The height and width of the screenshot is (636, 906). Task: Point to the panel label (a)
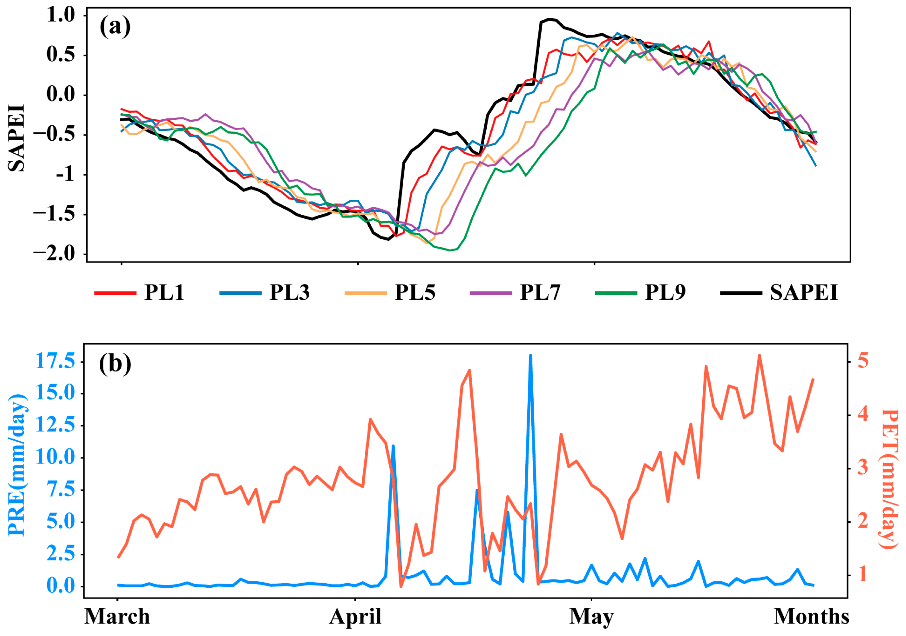pos(115,27)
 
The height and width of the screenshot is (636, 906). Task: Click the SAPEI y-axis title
pos(17,138)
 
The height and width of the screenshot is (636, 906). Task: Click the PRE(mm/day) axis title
pos(17,465)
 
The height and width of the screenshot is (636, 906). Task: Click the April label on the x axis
pos(355,617)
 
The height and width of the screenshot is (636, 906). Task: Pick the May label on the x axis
pos(591,617)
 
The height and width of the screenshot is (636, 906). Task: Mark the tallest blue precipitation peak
pos(530,356)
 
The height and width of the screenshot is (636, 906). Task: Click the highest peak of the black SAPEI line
pos(549,19)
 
